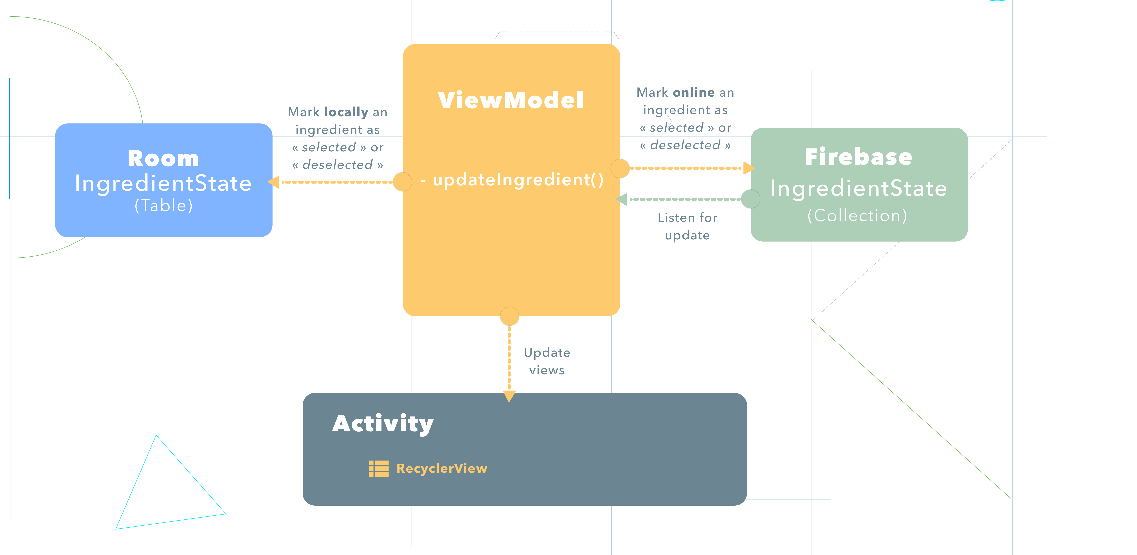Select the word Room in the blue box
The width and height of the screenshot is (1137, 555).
tap(163, 158)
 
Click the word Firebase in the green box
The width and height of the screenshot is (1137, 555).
tap(859, 157)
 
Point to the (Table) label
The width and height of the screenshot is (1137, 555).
tap(163, 206)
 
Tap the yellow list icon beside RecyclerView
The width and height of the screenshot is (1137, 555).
tap(378, 469)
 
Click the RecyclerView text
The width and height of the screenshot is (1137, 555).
tap(441, 469)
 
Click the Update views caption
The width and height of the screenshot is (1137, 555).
tap(547, 361)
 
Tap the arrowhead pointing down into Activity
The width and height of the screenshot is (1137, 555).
tap(509, 396)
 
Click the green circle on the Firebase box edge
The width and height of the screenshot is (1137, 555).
tap(750, 199)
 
